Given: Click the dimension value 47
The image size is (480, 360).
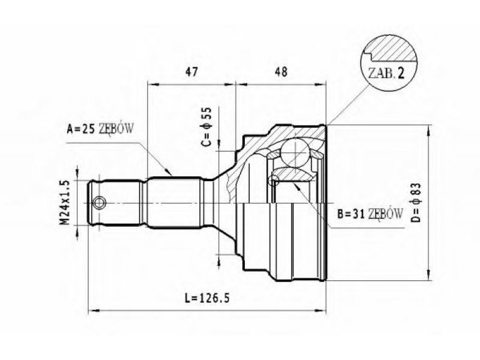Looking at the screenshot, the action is (x=192, y=71).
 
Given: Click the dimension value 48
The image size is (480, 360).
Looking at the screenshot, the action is (x=281, y=71).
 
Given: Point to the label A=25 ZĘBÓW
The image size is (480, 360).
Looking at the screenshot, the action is (x=100, y=129).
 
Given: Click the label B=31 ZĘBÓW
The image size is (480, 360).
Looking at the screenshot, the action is (x=370, y=214).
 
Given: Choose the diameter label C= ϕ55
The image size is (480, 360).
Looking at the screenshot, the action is (x=207, y=127).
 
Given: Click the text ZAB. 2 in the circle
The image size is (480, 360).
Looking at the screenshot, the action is (x=386, y=73).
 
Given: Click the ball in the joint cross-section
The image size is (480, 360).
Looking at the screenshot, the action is (x=295, y=152).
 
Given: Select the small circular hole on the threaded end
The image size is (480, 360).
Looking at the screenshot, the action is (x=100, y=203).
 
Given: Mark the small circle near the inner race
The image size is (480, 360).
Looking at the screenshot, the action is (x=274, y=180).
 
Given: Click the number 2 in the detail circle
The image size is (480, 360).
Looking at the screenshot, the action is (x=400, y=73).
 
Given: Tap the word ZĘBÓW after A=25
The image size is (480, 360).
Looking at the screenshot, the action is (x=116, y=129).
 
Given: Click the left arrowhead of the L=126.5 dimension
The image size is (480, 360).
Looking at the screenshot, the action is (x=93, y=311).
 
